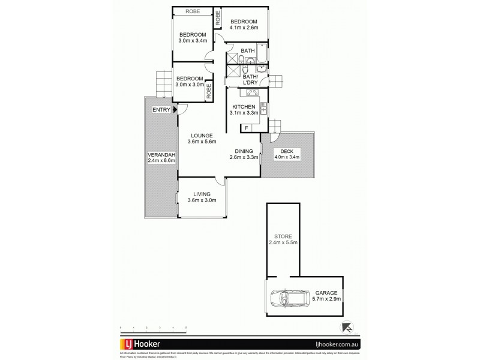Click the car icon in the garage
click(289, 298)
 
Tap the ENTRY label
click(161, 109)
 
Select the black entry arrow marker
click(173, 109)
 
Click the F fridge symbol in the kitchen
click(246, 128)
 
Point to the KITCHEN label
click(244, 107)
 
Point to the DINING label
click(244, 151)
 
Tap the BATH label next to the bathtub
click(247, 51)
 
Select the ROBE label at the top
click(192, 11)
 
